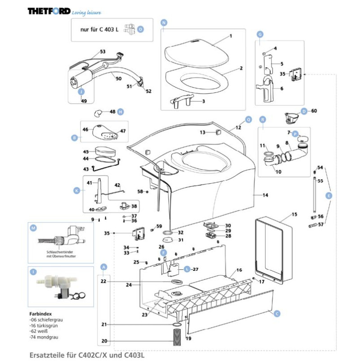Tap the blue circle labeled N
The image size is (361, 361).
[164, 22]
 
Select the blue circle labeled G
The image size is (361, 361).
[259, 34]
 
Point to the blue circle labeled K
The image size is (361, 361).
[76, 191]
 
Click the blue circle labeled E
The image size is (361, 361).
[329, 195]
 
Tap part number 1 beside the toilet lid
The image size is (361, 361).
[230, 36]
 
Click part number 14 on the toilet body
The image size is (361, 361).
[265, 195]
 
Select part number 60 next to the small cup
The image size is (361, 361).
[314, 111]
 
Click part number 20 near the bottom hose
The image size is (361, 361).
[103, 341]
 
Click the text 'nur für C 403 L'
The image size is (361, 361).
[99, 29]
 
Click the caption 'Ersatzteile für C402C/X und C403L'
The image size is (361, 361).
[88, 355]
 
